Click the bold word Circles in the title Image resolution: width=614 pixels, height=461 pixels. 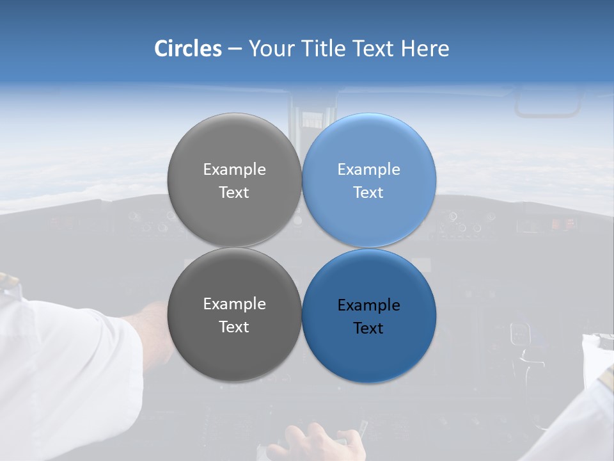pos(187,49)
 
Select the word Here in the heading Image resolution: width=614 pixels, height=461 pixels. pos(425,49)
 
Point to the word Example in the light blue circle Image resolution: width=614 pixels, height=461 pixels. pos(368,170)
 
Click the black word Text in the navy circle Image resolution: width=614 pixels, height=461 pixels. pos(368,328)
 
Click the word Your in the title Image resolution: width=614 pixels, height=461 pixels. pos(269,49)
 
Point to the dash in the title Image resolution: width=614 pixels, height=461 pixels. pos(235,49)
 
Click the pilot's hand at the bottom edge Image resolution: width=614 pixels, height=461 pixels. pos(313,442)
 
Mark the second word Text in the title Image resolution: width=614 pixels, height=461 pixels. pos(374,49)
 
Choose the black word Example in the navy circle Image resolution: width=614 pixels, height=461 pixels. pos(368,305)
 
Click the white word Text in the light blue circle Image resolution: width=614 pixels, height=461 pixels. pos(368,193)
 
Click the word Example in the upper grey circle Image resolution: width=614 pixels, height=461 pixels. pos(234,170)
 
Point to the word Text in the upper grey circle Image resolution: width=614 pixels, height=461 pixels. pos(234,193)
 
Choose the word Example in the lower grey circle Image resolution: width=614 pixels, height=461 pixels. pos(234,304)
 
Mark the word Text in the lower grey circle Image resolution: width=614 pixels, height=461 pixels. pos(234,327)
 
